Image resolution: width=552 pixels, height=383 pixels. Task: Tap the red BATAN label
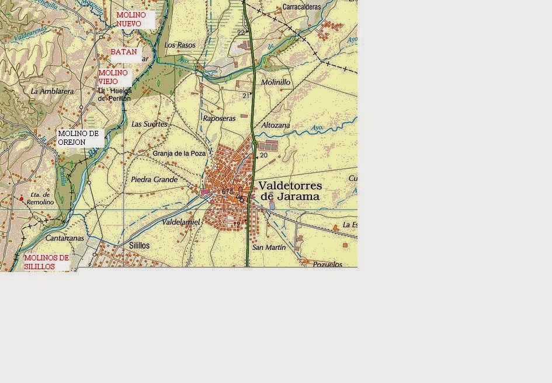tap(124, 52)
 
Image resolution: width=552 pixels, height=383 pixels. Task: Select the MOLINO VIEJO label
tap(113, 77)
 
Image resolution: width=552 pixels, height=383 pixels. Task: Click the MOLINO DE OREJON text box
tap(79, 138)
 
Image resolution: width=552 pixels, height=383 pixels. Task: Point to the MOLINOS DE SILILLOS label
tap(46, 262)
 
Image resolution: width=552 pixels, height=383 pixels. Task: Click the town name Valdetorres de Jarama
tap(290, 191)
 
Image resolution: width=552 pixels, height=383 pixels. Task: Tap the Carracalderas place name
tap(301, 7)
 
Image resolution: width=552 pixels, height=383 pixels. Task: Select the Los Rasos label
tap(180, 45)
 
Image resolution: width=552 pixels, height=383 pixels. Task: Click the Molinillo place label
tap(276, 83)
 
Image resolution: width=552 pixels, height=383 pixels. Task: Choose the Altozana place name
tap(276, 125)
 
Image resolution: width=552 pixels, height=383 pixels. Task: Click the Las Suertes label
tap(150, 124)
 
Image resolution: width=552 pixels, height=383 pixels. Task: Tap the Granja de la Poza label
tap(179, 154)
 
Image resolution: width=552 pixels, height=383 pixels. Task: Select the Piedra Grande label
tap(154, 180)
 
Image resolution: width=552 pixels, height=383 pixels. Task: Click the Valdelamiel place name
tap(181, 222)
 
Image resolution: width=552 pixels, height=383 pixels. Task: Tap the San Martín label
tap(269, 248)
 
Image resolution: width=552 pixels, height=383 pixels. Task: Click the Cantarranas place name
tap(65, 239)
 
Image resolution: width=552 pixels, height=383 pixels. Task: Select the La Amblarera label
tap(52, 92)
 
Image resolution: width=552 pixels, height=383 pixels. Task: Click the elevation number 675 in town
tap(227, 191)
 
